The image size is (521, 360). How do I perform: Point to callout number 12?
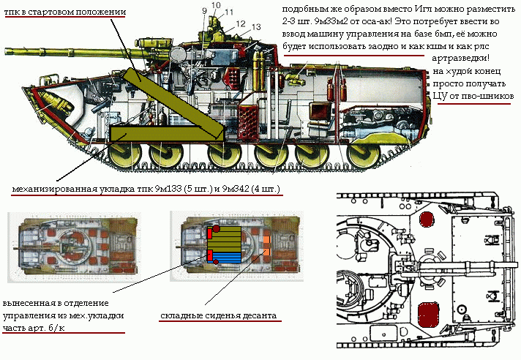pos(240,23)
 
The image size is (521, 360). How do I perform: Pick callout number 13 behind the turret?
pos(255,28)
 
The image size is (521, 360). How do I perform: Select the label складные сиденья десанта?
pos(219,317)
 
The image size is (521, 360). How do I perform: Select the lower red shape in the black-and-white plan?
pos(428,315)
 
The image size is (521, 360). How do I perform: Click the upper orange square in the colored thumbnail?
pos(266,240)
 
